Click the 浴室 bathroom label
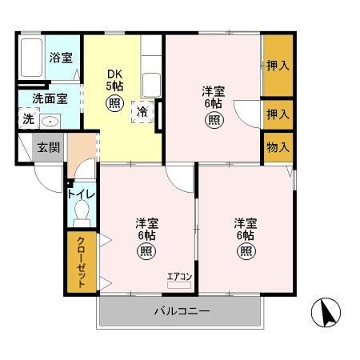point(60,58)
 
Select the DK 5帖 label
point(114,80)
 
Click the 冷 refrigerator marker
point(142,112)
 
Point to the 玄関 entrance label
point(46,147)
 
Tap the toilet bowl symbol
point(80,213)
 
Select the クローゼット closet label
point(82,262)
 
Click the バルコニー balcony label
point(182,311)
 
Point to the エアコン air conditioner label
point(179,277)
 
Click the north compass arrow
point(326,311)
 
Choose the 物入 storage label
point(278,147)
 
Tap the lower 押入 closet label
point(278,114)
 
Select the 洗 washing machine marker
point(28,118)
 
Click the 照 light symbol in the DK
point(114,103)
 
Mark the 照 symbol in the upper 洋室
point(214,120)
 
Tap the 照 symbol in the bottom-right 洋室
point(245,250)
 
